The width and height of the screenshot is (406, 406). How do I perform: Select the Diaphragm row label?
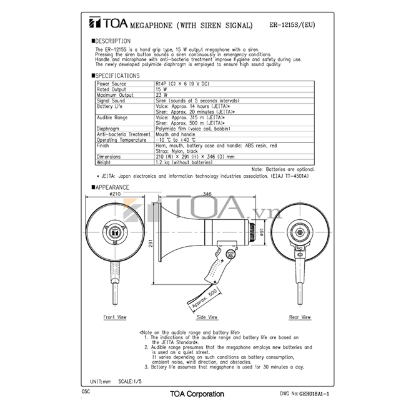[109, 129]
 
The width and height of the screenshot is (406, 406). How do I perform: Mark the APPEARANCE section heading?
[112, 187]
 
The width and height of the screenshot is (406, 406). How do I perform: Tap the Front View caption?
[115, 317]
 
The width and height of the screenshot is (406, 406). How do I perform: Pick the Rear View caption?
[300, 317]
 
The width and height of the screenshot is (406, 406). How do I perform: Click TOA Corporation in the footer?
[197, 394]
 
